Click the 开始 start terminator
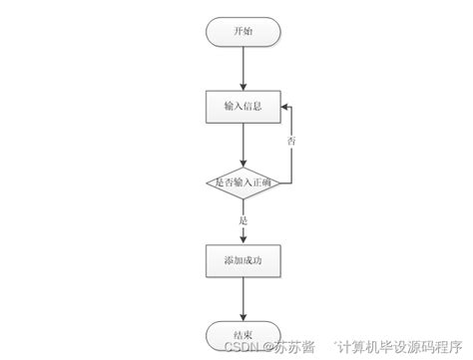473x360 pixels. point(243,32)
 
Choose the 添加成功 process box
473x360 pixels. point(243,260)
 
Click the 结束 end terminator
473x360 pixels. point(243,335)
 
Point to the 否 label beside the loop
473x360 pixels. point(291,142)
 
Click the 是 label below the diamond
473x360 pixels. point(243,218)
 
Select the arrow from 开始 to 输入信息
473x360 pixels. point(243,68)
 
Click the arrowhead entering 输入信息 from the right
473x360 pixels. point(284,105)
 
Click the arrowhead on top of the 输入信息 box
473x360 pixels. point(243,86)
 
